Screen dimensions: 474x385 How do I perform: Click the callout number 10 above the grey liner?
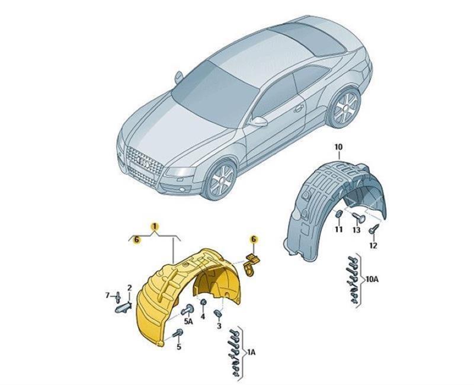[338, 147]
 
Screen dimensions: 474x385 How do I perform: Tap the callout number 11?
[339, 229]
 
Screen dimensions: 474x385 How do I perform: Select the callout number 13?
[357, 230]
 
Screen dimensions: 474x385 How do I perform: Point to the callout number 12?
[373, 246]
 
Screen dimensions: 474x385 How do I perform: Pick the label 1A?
[251, 352]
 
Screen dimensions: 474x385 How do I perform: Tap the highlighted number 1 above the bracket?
[155, 226]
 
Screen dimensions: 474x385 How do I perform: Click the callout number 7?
[107, 296]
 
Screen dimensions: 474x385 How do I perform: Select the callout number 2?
[129, 288]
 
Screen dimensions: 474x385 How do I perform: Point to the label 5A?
[188, 321]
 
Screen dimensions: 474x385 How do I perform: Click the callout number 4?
[203, 316]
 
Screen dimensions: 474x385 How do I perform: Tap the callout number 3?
[219, 326]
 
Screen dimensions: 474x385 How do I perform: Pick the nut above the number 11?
[338, 214]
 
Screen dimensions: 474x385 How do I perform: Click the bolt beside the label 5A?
[186, 309]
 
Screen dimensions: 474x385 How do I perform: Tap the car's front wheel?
[221, 180]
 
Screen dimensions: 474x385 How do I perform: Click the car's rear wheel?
[345, 107]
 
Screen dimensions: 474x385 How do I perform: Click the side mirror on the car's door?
[259, 122]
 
